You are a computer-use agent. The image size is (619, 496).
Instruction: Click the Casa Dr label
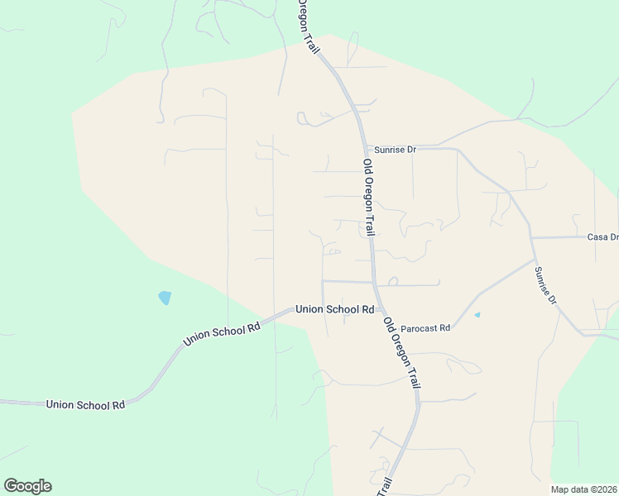point(602,237)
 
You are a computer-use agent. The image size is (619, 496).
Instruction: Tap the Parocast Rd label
point(427,328)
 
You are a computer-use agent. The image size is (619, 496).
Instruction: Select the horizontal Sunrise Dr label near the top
point(395,150)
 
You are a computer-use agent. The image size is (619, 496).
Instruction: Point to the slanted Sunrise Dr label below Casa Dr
point(545,286)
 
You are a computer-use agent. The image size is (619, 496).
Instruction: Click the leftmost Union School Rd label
point(85,404)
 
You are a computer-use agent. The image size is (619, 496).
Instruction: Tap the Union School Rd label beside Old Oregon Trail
point(335,309)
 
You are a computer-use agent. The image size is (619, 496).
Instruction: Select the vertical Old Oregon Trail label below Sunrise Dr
point(368,196)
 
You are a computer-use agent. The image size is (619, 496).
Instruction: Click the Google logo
point(27,486)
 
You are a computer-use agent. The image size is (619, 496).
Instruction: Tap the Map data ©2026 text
point(584,489)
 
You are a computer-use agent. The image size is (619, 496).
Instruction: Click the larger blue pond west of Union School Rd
point(165,298)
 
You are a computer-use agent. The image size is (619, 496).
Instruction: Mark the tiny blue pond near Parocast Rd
point(477,315)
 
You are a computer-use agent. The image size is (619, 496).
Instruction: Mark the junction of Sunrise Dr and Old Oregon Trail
point(364,149)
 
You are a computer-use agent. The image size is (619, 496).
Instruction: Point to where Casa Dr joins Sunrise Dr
point(531,238)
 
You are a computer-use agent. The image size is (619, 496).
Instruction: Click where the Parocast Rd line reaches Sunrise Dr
point(535,259)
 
